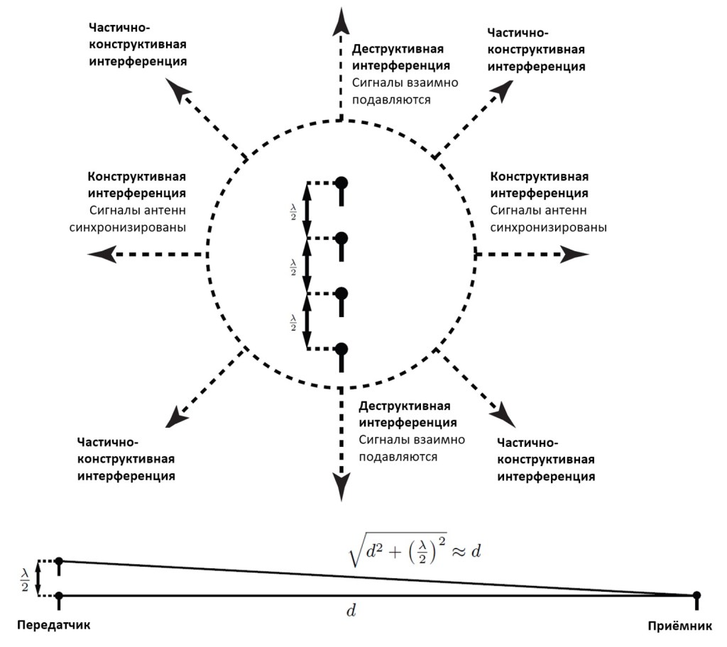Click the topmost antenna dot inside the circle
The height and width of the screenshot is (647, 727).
[x=341, y=182]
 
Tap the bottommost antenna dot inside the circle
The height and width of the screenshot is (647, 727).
[x=341, y=349]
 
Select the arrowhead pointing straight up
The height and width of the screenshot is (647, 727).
[x=341, y=18]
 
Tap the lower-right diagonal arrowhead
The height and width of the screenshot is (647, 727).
[x=503, y=411]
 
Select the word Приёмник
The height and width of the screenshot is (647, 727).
[x=684, y=626]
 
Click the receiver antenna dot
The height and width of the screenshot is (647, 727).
[x=696, y=595]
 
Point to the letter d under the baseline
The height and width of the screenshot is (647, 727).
[x=350, y=609]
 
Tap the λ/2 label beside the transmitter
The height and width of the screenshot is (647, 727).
[x=24, y=578]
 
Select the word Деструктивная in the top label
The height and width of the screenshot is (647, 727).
[x=398, y=49]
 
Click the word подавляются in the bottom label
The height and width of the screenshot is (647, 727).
[x=398, y=457]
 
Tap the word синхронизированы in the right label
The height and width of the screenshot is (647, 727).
[x=548, y=228]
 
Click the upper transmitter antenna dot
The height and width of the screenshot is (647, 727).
[x=59, y=562]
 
